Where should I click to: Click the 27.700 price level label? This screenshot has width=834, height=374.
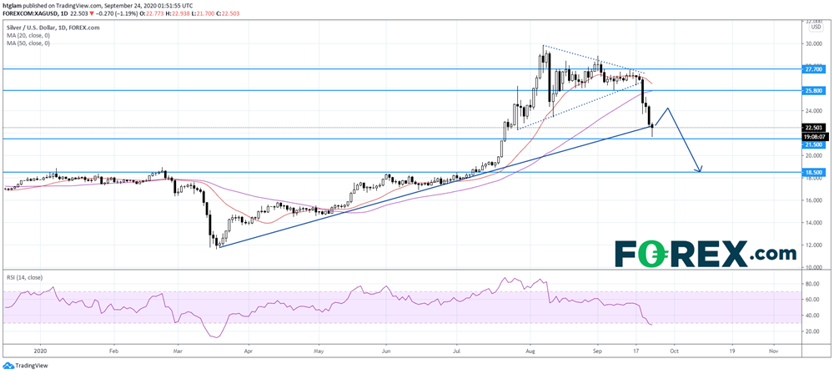pos(811,69)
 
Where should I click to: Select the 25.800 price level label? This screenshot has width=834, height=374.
pos(811,90)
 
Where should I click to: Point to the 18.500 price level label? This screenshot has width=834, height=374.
pos(811,172)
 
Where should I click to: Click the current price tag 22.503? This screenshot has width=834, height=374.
pos(811,128)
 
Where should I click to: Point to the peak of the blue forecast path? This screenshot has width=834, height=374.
pos(667,109)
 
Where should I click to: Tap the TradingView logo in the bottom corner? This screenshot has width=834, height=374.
pos(25,366)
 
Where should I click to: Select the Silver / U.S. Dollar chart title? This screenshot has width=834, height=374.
pos(37,28)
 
